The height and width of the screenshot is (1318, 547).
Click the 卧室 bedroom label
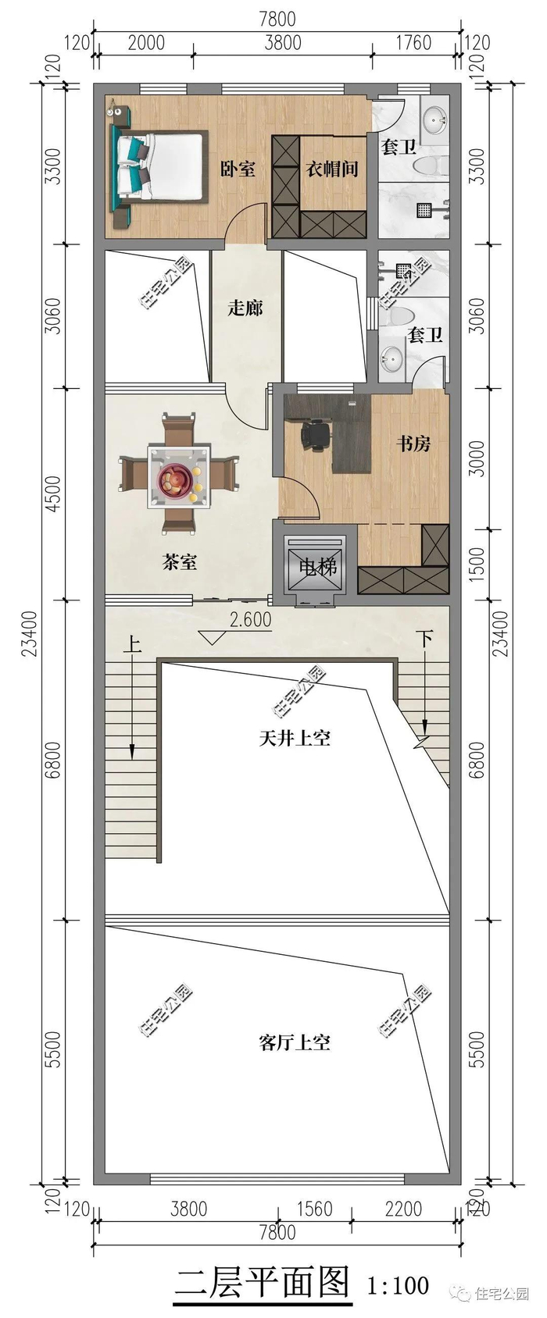[x=238, y=169]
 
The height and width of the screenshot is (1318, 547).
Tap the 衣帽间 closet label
[x=332, y=169]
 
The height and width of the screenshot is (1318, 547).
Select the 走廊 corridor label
[x=245, y=307]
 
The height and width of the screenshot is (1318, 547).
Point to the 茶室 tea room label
[x=180, y=562]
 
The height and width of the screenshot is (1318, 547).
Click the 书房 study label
[x=413, y=443]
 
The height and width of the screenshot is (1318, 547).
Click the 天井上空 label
[x=295, y=738]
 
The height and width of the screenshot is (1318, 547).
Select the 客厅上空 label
[x=295, y=1042]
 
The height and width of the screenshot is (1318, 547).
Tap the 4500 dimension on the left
[x=53, y=493]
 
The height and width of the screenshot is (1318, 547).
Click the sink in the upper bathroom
[x=435, y=120]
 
